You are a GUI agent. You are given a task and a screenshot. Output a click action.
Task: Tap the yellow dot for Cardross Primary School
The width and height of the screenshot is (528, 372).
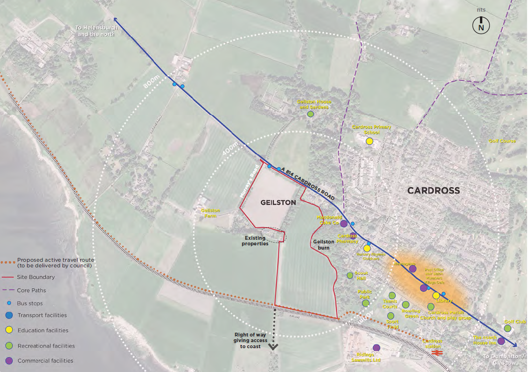pos(369,141)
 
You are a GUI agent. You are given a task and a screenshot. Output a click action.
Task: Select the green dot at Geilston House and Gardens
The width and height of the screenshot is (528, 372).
pos(310,114)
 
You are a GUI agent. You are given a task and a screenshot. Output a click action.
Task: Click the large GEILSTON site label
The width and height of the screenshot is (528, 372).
pos(278,203)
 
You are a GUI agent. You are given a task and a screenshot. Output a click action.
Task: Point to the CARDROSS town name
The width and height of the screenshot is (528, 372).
pos(433,191)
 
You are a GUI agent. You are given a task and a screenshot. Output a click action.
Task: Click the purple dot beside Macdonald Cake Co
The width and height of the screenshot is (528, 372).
pos(344,224)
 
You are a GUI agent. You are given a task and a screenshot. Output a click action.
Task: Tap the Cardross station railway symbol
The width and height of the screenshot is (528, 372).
pos(437,353)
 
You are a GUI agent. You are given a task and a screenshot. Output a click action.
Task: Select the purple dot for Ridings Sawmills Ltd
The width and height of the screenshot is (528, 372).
pos(376,348)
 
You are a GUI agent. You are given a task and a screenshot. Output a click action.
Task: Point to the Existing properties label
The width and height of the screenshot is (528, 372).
pos(257,240)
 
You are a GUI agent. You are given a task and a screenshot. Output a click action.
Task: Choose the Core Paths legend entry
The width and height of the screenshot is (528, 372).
pos(31,290)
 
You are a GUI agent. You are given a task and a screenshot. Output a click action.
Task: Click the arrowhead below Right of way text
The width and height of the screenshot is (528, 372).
pos(273,347)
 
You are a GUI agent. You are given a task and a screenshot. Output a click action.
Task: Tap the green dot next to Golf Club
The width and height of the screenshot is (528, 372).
pos(507,329)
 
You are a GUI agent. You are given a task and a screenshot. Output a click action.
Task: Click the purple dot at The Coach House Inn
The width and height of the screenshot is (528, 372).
pos(501,341)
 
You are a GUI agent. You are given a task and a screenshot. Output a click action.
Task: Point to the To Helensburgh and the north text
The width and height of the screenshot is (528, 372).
pos(97,31)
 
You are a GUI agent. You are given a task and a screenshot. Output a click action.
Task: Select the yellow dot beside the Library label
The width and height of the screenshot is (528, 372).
pos(436,295)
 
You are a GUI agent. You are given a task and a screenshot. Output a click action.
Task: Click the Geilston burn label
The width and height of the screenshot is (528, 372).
pos(324,244)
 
